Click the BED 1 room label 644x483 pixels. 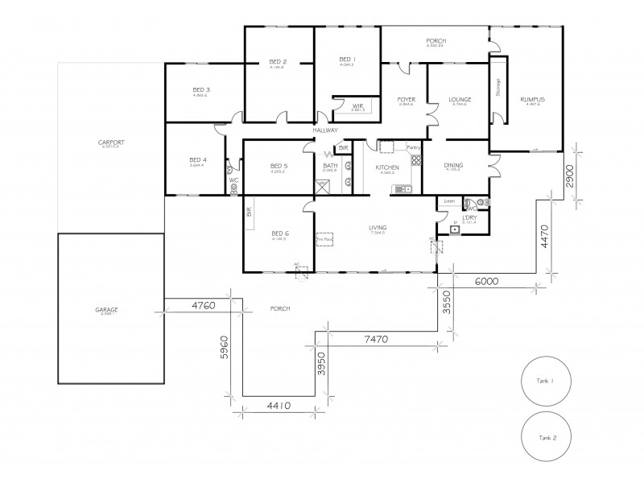coord(347,60)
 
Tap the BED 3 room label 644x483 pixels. coord(200,89)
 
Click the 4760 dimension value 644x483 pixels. coord(203,306)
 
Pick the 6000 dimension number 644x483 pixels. coord(487,282)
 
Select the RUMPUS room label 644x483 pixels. coord(533,99)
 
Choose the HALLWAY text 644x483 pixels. coord(325,131)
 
